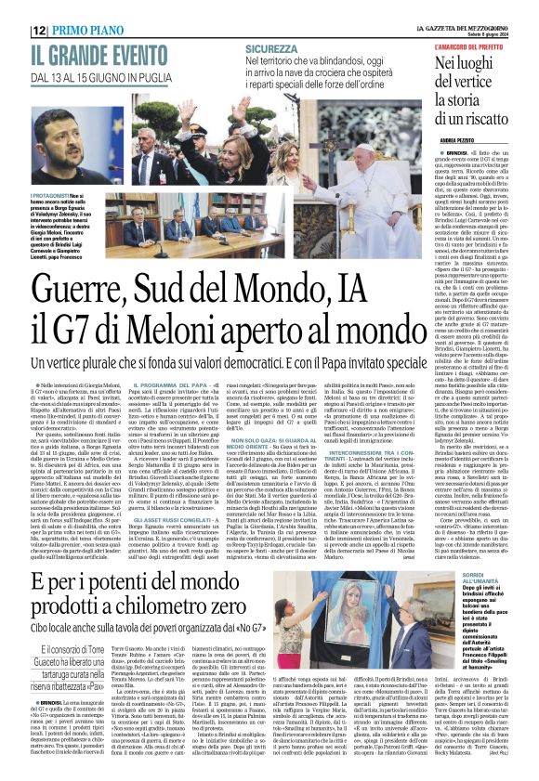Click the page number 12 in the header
pos(14,9)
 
